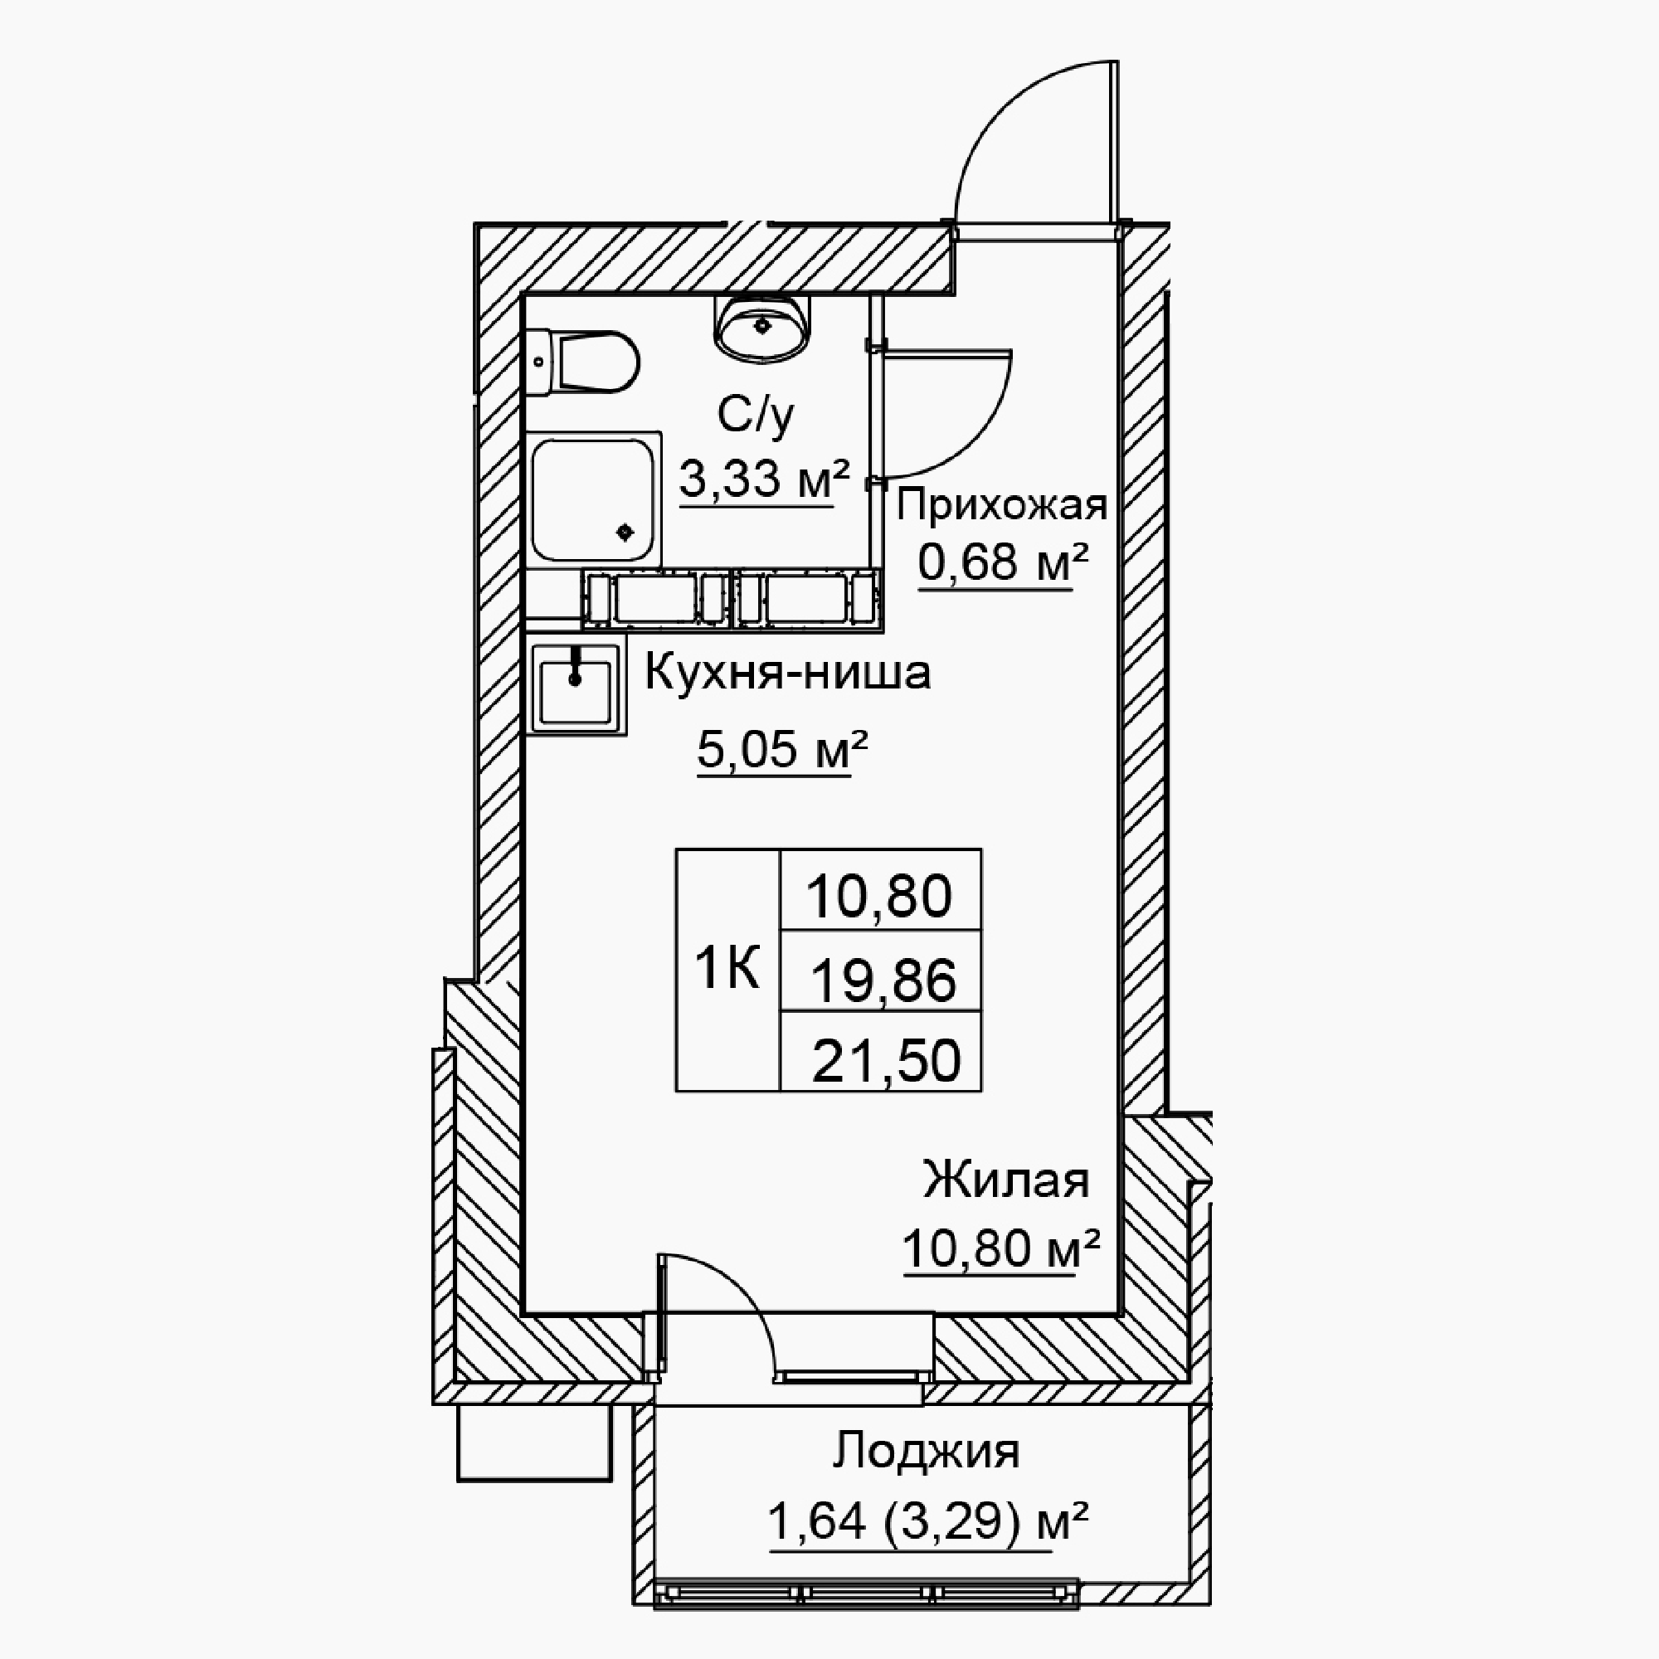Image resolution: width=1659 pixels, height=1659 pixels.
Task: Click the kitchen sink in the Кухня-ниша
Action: point(576,689)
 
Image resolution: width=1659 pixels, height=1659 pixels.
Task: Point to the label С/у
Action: point(756,416)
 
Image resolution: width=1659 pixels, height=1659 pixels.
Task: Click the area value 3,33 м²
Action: point(764,479)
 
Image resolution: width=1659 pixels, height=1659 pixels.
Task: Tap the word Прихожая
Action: point(1001,506)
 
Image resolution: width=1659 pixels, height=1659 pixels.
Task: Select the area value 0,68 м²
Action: point(1003,562)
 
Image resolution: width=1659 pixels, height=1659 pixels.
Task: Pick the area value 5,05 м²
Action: point(782,750)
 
